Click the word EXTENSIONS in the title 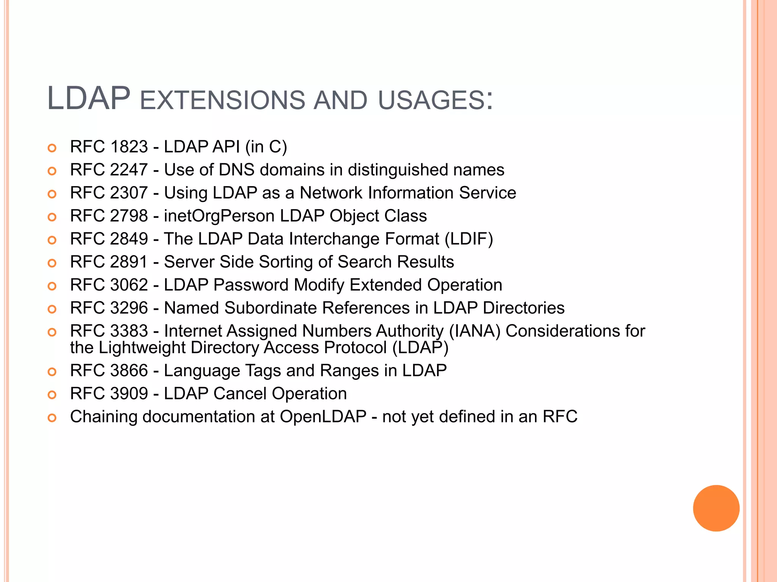click(x=222, y=100)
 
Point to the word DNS click(x=236, y=170)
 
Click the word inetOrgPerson click(x=219, y=216)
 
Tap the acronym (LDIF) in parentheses click(x=469, y=239)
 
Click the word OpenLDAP click(x=323, y=417)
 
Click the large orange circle click(x=716, y=508)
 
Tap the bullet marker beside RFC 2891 click(x=52, y=263)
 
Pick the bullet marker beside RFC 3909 click(x=52, y=395)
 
